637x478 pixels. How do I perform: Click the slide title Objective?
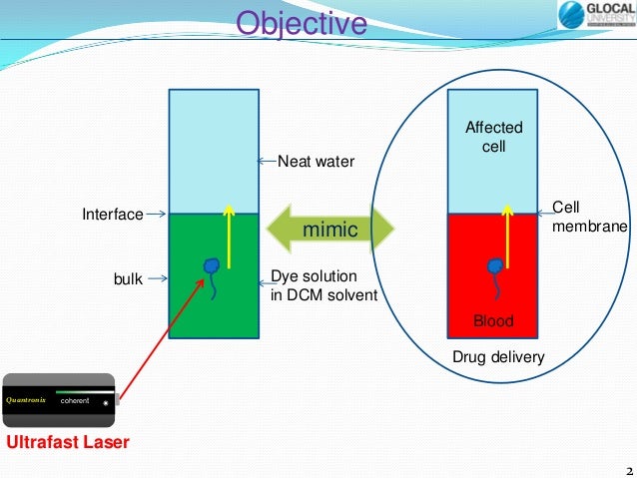coord(301,23)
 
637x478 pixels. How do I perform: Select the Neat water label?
coord(316,160)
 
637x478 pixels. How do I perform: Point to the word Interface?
coord(112,214)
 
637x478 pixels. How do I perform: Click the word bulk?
coord(126,280)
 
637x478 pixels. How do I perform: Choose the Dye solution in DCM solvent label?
coord(323,287)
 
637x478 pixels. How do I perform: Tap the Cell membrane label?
coord(589,218)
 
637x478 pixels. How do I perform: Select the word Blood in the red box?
coord(493,321)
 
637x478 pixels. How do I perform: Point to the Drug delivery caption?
coord(498,356)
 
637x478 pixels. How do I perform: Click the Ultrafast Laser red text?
coord(68,442)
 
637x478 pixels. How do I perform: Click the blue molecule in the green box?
coord(212,269)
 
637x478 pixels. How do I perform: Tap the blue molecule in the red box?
coord(492,269)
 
